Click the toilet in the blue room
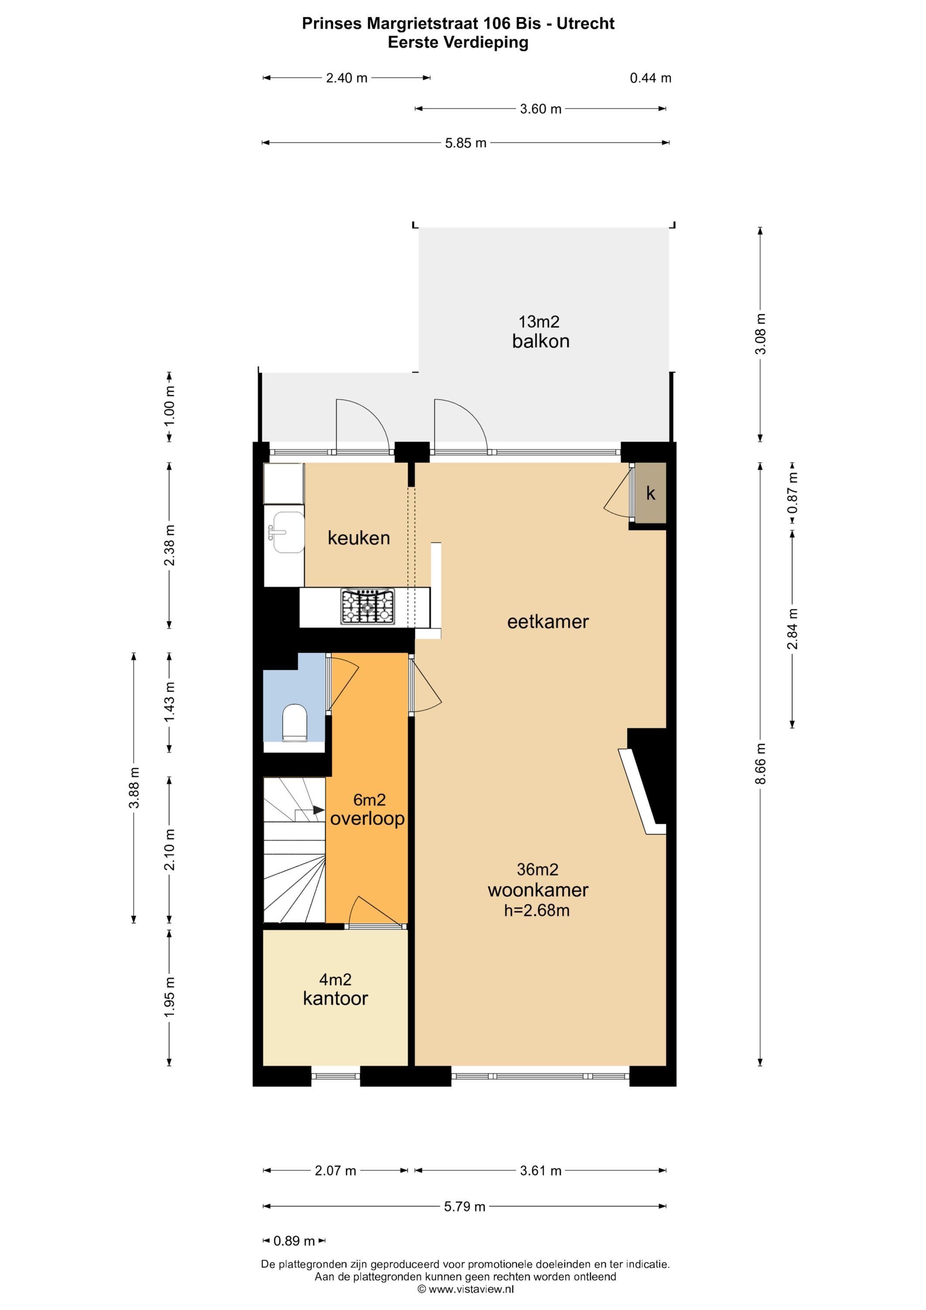[295, 723]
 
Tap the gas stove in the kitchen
[368, 607]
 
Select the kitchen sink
[288, 532]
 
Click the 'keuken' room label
[359, 538]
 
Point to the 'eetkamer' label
[548, 621]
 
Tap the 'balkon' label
[541, 341]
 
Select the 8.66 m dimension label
[761, 763]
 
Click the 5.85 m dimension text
[465, 143]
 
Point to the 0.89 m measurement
[294, 1241]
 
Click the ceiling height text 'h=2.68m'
[537, 910]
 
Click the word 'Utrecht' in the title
[586, 24]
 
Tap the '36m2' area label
[537, 869]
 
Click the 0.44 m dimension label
[651, 78]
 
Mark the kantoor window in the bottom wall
[336, 1077]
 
